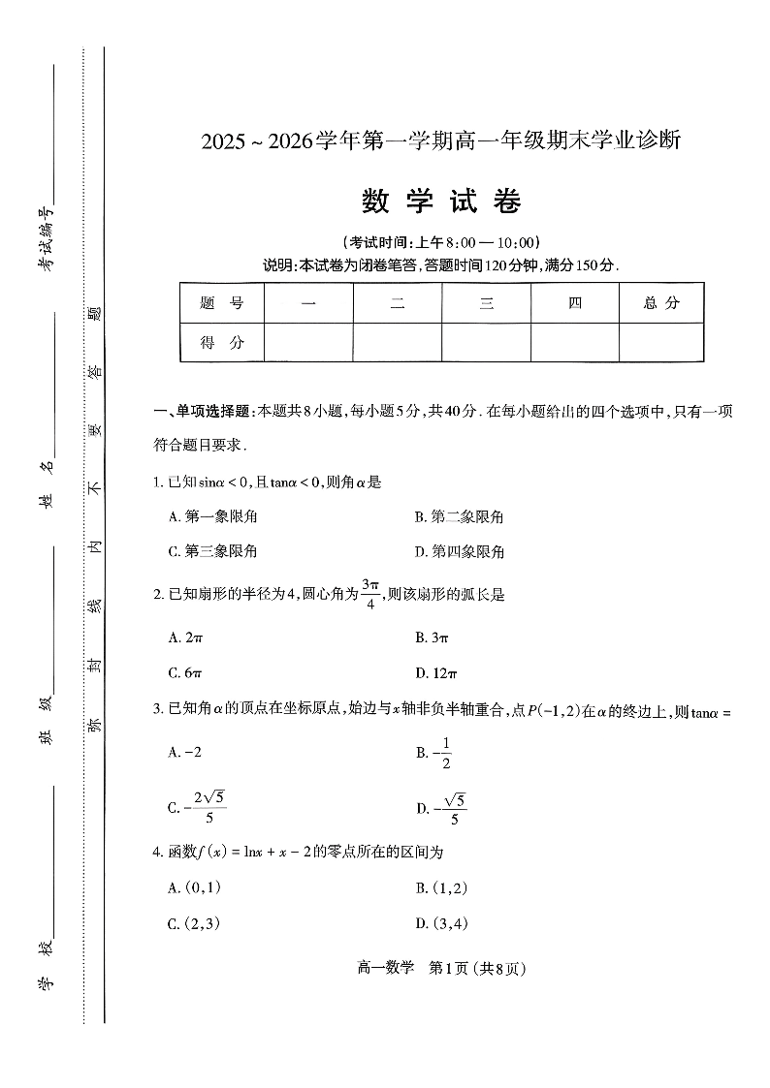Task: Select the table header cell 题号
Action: click(221, 303)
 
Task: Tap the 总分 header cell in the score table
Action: click(661, 303)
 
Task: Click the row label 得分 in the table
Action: click(221, 342)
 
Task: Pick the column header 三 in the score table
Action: click(486, 303)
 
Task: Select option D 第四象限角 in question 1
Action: click(460, 552)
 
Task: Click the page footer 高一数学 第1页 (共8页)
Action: click(441, 967)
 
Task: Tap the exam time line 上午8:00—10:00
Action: click(441, 242)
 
